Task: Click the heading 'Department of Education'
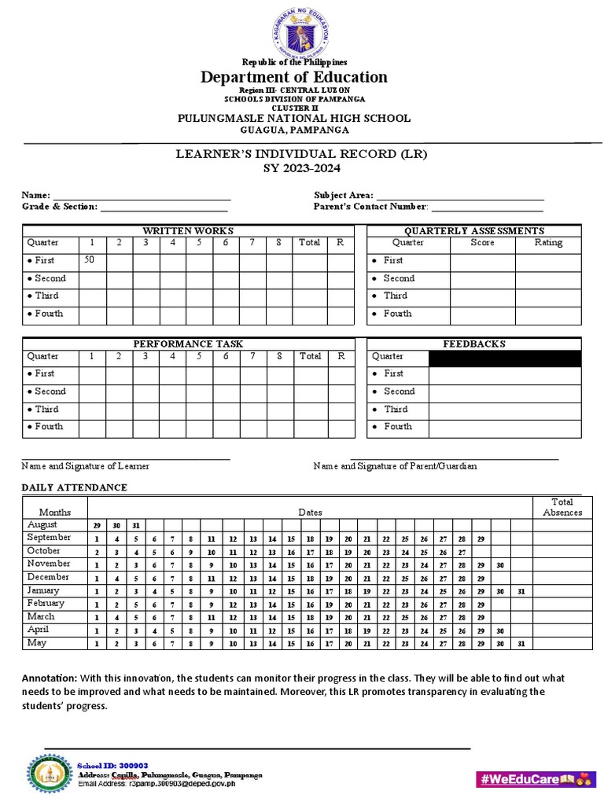[294, 76]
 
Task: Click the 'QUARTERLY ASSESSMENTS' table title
[473, 230]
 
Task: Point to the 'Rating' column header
[548, 243]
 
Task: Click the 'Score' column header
[482, 243]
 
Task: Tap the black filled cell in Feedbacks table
[504, 358]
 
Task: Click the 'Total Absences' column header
[562, 507]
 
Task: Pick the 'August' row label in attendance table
[42, 524]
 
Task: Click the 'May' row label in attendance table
[37, 643]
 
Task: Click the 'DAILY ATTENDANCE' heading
[74, 487]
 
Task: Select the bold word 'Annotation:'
[49, 678]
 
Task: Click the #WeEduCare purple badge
[532, 778]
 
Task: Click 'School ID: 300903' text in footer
[112, 765]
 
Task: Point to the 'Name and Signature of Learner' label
[85, 466]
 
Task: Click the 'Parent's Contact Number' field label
[370, 207]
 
